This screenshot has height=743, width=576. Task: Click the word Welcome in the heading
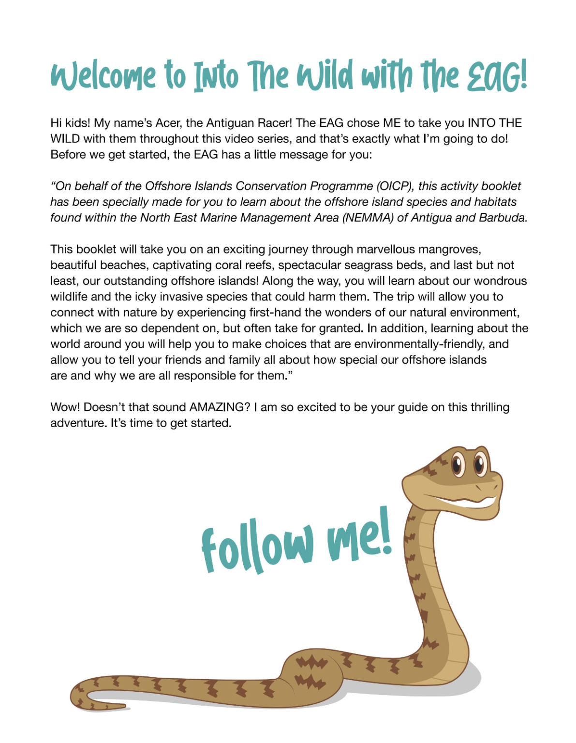pos(104,76)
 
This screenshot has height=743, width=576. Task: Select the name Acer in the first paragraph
pos(168,123)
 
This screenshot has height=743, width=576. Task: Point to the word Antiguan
pos(230,123)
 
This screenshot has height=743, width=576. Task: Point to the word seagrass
pos(365,265)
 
